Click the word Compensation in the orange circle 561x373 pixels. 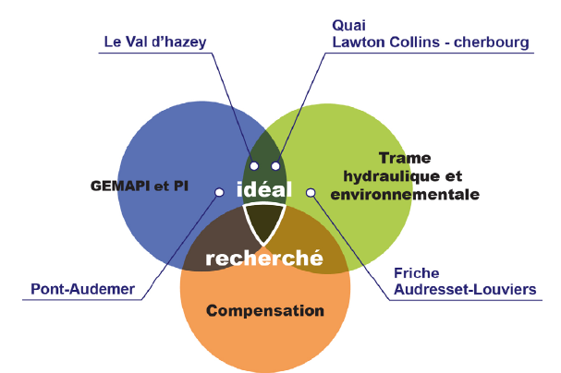point(266,310)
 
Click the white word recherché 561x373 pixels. point(263,259)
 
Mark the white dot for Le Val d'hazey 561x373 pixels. point(254,166)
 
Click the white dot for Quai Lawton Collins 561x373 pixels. point(275,166)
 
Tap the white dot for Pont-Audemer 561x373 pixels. point(219,192)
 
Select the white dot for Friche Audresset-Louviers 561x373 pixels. point(311,192)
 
